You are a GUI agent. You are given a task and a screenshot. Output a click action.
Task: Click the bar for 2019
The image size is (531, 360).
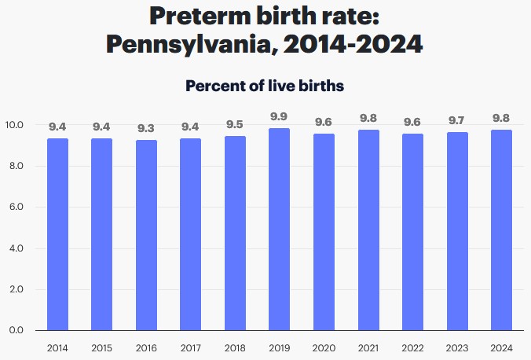tap(279, 230)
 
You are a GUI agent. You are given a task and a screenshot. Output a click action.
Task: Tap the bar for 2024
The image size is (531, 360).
tap(501, 230)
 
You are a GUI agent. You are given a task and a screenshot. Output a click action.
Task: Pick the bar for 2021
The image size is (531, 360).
tap(368, 230)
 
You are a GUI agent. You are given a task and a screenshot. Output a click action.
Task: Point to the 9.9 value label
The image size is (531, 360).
tap(279, 117)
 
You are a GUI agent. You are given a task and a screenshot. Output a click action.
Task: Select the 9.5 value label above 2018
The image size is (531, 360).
tap(235, 125)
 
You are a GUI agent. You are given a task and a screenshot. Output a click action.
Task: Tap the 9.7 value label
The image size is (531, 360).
tap(457, 121)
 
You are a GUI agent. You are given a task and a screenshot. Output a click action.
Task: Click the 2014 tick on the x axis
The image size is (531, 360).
tap(57, 347)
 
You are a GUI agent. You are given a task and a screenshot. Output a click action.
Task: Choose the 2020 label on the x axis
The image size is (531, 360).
tap(324, 347)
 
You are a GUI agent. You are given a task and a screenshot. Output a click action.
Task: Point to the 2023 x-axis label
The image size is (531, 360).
tap(457, 347)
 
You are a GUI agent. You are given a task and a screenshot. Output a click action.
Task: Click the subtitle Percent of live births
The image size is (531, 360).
tap(265, 86)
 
